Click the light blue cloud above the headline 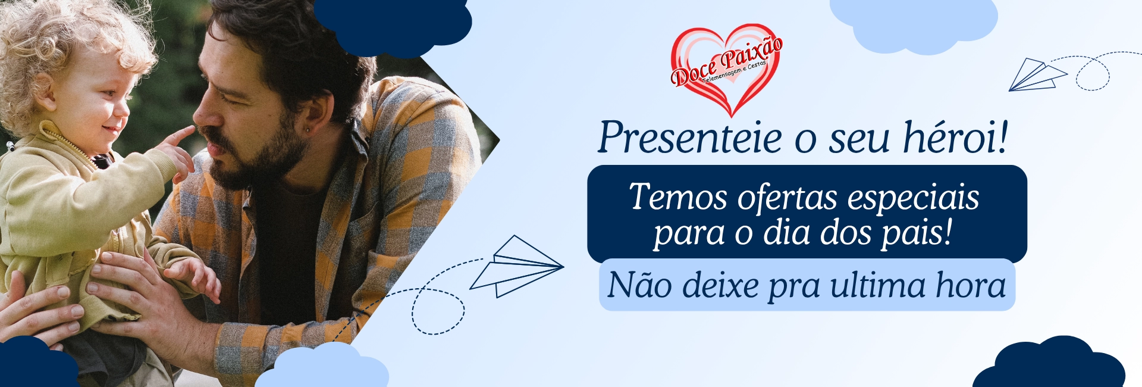913,24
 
